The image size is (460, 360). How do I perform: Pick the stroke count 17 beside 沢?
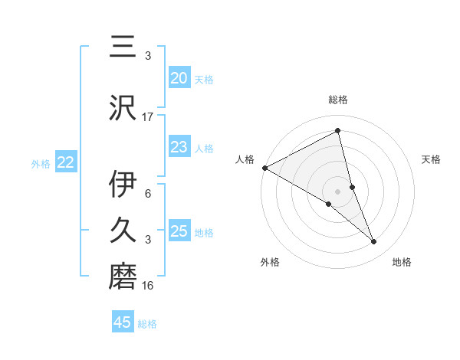click(148, 116)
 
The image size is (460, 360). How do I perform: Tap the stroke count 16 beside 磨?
click(148, 285)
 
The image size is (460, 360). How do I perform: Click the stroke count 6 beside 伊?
click(148, 193)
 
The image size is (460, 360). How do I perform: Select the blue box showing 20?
click(179, 78)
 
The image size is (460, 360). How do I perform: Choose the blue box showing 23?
click(179, 147)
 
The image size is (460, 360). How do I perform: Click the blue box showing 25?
click(179, 231)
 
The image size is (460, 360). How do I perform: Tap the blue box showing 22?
click(65, 162)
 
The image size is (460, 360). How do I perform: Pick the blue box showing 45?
click(123, 322)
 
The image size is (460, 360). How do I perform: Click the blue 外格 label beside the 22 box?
click(41, 163)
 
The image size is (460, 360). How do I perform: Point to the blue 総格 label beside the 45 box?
click(147, 324)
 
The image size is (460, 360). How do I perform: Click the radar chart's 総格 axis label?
click(338, 100)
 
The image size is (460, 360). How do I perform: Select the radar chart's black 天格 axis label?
click(432, 159)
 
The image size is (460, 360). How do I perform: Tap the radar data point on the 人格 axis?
click(264, 167)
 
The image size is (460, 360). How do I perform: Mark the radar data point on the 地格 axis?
click(374, 242)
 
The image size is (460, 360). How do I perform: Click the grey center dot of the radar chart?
click(337, 191)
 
